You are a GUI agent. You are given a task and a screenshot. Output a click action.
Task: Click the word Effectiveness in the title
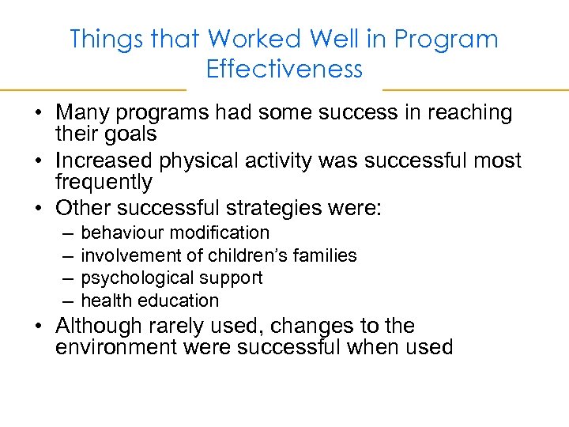284,69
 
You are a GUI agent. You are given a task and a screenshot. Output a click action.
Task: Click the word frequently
103,182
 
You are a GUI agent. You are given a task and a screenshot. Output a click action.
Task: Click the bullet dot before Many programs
38,114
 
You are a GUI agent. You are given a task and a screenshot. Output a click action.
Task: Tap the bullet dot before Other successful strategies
38,210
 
